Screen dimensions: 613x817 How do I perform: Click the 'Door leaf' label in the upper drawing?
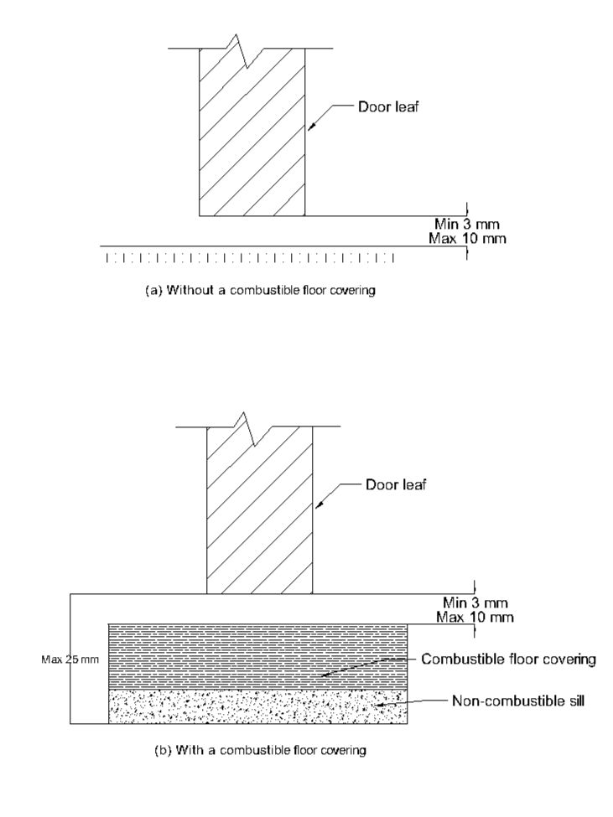(x=388, y=107)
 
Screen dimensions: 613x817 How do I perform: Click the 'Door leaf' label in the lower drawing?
(x=396, y=484)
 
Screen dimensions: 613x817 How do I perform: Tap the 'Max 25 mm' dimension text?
(x=70, y=659)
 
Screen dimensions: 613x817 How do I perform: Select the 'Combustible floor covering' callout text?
(x=508, y=659)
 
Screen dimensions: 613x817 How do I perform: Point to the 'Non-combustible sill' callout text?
(x=518, y=701)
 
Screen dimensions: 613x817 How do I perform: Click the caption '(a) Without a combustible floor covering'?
(x=260, y=290)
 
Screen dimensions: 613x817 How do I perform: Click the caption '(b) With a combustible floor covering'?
(x=260, y=750)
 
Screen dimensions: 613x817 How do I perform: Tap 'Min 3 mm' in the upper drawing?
(x=467, y=225)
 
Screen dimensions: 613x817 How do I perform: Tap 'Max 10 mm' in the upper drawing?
(x=467, y=239)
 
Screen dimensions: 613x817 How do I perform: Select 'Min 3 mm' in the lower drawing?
(x=475, y=602)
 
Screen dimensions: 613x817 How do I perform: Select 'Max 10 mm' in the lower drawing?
(x=475, y=618)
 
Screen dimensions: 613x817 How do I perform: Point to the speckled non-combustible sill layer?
(x=257, y=706)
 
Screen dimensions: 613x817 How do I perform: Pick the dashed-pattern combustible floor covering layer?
(x=257, y=656)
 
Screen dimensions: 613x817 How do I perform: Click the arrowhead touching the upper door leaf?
(x=310, y=127)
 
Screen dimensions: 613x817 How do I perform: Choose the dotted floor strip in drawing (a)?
(x=250, y=257)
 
